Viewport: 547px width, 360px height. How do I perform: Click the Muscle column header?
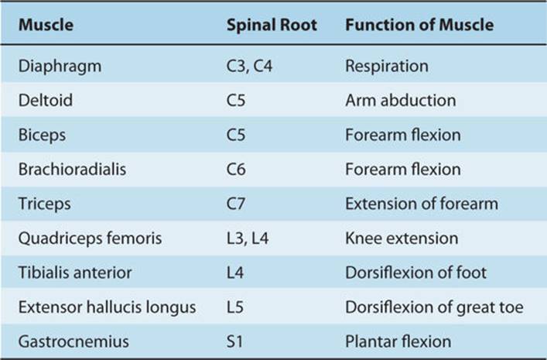coord(46,25)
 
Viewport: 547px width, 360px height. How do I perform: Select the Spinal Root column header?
coord(272,25)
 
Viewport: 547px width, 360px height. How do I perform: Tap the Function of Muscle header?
coord(419,25)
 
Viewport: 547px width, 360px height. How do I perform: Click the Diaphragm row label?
coord(60,67)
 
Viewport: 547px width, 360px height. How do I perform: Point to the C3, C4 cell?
coord(249,66)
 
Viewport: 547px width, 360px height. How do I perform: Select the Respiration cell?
coord(387,67)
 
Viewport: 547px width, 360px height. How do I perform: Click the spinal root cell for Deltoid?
coord(236,101)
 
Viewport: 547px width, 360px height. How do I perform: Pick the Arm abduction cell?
coord(401,101)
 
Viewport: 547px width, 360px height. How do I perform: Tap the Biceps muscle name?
coord(42,135)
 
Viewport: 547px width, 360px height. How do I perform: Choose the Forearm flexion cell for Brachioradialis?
coord(403,170)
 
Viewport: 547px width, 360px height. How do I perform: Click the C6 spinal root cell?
coord(236,170)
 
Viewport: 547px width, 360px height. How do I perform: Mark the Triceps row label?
coord(44,204)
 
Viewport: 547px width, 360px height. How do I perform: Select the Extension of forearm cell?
coord(422,204)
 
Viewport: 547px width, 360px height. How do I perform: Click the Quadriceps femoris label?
coord(90,238)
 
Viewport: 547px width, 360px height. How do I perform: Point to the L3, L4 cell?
coord(248,238)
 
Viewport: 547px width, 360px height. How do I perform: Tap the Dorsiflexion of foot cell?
coord(415,273)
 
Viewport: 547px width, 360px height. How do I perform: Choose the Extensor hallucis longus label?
coord(107,307)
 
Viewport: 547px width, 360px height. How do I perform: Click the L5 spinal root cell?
coord(234,307)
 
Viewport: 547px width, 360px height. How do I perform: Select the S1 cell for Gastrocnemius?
coord(234,341)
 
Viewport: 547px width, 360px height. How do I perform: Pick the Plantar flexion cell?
coord(398,341)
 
